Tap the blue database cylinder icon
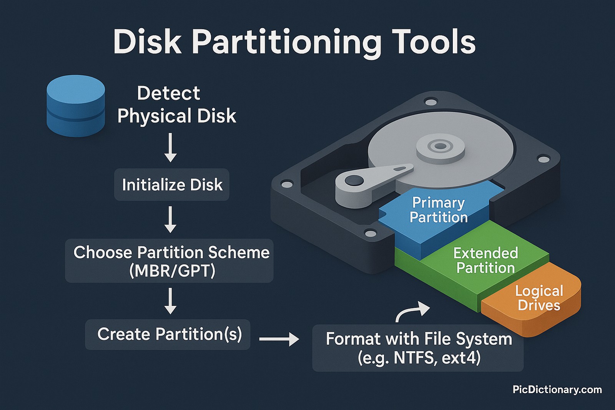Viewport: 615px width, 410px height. pos(76,106)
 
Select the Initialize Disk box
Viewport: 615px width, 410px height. pos(172,185)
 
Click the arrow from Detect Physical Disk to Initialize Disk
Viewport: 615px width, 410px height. pos(170,148)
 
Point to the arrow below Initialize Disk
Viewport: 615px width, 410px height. pos(170,219)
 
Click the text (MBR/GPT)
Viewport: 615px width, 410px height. pos(172,271)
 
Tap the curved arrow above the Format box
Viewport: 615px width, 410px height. pos(412,311)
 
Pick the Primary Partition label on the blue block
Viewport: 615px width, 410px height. pos(439,210)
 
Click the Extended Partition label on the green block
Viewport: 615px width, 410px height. pos(485,260)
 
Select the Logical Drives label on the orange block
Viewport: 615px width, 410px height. pos(539,298)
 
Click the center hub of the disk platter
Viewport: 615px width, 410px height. pos(440,146)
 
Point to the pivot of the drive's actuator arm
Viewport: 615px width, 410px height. pos(354,181)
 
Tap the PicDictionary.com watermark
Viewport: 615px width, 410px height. pos(557,390)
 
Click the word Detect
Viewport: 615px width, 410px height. pos(168,93)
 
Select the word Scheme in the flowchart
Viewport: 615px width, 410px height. pos(239,252)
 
